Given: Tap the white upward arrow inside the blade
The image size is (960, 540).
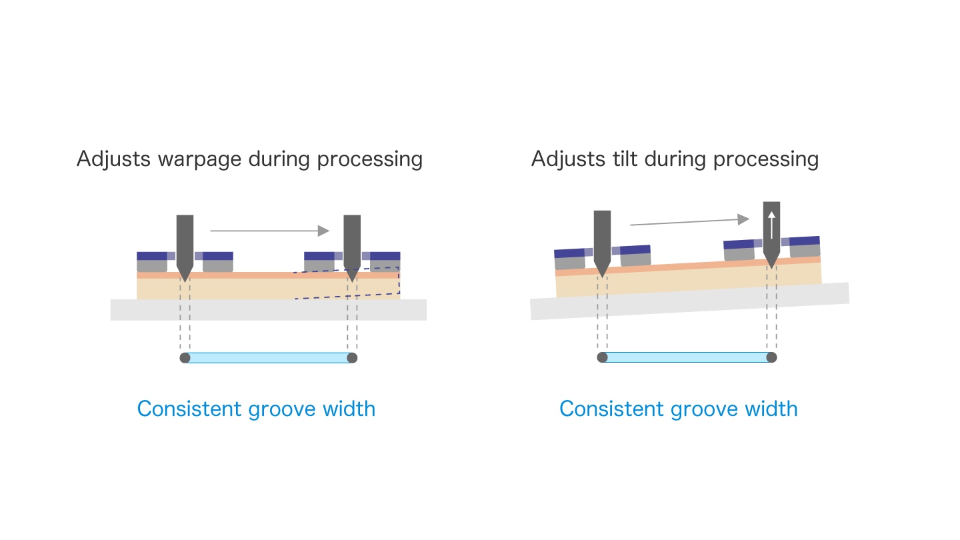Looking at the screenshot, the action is pyautogui.click(x=771, y=225).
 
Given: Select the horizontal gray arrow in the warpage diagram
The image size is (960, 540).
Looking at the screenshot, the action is pyautogui.click(x=269, y=231).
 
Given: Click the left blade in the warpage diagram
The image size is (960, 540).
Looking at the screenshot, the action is pyautogui.click(x=185, y=249).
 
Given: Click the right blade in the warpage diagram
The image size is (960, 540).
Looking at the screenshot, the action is pyautogui.click(x=352, y=249).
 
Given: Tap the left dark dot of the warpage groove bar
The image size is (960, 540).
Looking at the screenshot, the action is pyautogui.click(x=185, y=358).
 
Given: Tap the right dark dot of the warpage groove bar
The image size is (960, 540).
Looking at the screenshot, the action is pyautogui.click(x=352, y=358).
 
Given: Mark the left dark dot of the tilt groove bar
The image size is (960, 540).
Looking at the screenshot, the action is pyautogui.click(x=602, y=357).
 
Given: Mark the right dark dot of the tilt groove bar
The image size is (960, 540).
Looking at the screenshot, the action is pyautogui.click(x=771, y=357).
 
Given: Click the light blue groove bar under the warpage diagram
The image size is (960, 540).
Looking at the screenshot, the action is pyautogui.click(x=268, y=358).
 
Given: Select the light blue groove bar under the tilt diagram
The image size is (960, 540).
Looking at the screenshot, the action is pyautogui.click(x=687, y=357).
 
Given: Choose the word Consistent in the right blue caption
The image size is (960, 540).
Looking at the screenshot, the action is pyautogui.click(x=611, y=409).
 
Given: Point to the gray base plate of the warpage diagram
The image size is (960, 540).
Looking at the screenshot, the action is pyautogui.click(x=268, y=310).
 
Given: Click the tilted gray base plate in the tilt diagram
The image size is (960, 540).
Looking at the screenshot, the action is pyautogui.click(x=689, y=301).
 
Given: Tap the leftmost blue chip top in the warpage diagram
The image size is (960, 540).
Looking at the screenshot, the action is pyautogui.click(x=152, y=256).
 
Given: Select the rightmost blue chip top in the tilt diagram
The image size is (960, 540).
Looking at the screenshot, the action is pyautogui.click(x=805, y=241).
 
